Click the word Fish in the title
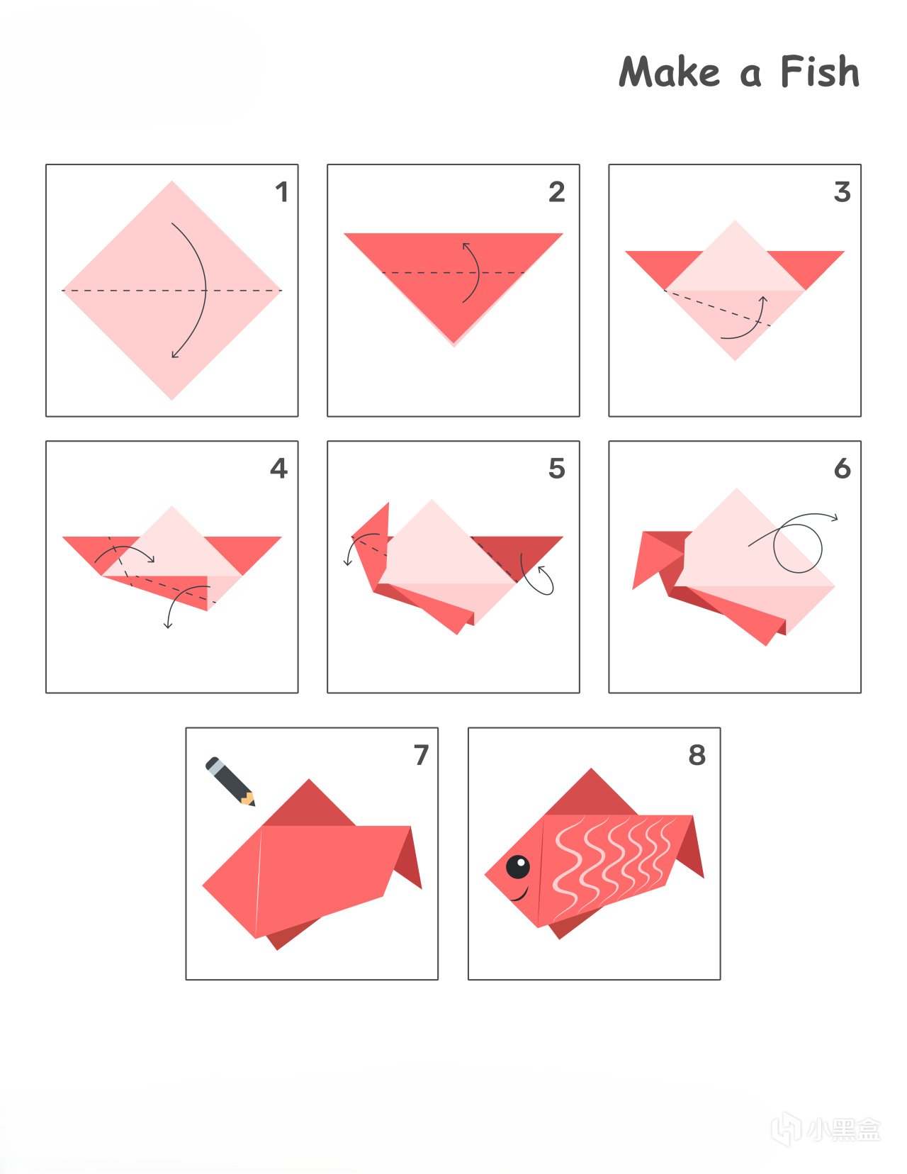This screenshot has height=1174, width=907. [820, 72]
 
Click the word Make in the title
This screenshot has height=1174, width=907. [670, 72]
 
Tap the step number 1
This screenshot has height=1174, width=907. [282, 192]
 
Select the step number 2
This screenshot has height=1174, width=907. [557, 192]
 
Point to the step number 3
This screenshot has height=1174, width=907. [843, 192]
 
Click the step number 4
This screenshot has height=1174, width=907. [278, 468]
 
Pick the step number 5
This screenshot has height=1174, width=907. [557, 468]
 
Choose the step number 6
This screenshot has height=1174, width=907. [843, 468]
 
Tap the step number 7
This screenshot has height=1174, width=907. [422, 755]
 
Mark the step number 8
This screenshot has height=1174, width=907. [697, 755]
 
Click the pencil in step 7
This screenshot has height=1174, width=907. [230, 781]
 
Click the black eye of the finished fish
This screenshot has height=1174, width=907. [518, 867]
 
